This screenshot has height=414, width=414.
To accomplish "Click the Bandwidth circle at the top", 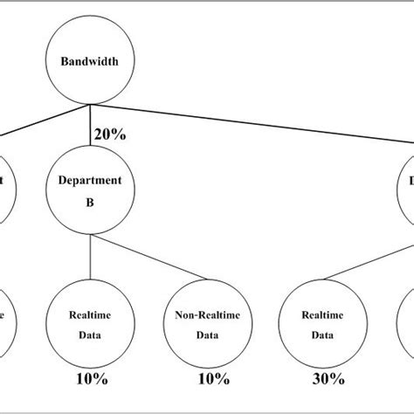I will (x=90, y=62).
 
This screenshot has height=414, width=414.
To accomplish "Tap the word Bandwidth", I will (x=90, y=62).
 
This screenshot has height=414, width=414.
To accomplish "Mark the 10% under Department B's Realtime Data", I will (x=90, y=379).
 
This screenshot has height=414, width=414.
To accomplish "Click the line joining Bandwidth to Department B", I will (x=90, y=127).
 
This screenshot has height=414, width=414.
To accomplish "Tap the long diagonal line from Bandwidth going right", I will (x=262, y=123).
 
